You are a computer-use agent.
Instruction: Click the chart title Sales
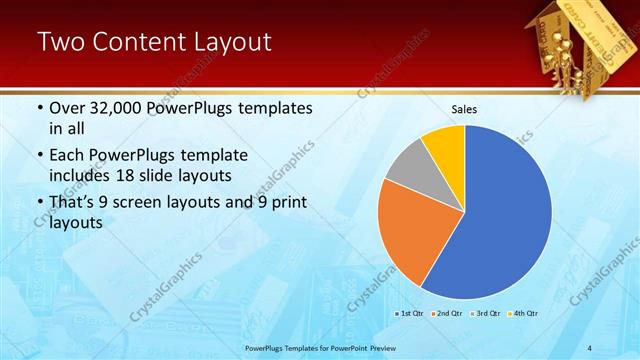tap(464, 108)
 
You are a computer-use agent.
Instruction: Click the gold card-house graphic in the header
tap(570, 40)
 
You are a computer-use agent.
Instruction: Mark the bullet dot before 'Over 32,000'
tap(39, 108)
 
